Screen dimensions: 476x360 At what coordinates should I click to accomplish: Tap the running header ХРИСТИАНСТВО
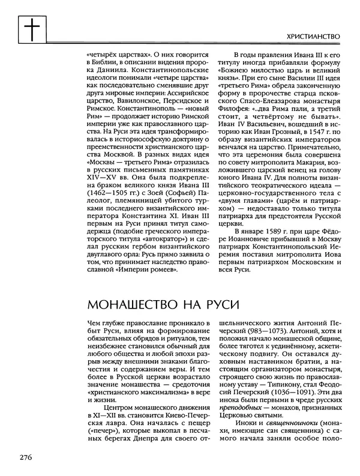(x=311, y=37)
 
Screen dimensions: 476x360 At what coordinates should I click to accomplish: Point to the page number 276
(x=26, y=457)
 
